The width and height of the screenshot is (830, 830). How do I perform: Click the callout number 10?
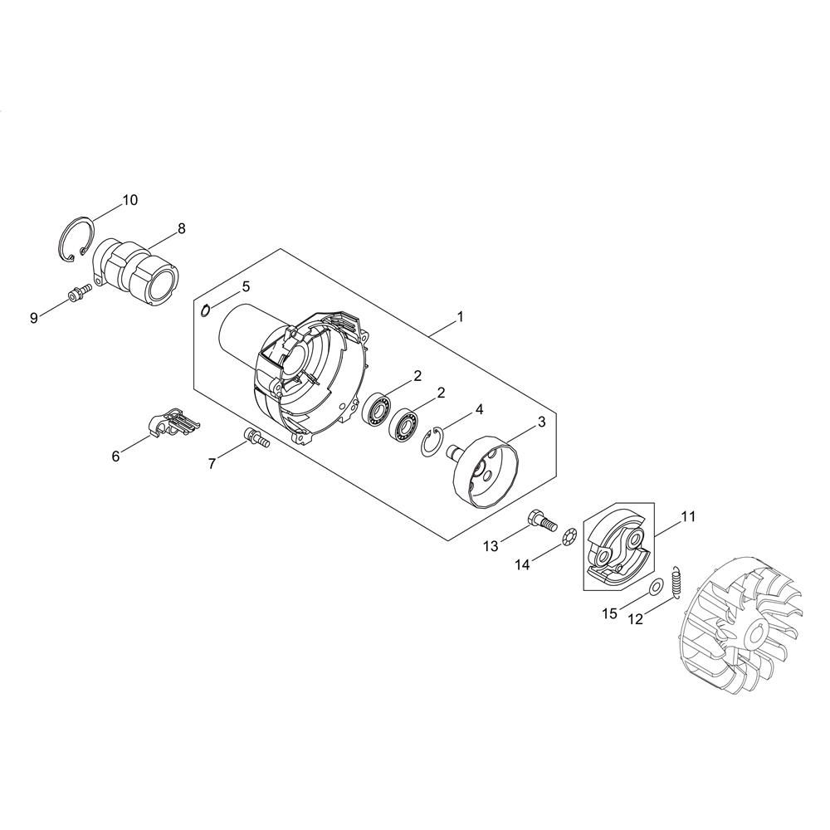pyautogui.click(x=130, y=200)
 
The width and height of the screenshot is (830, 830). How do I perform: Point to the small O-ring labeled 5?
pyautogui.click(x=206, y=310)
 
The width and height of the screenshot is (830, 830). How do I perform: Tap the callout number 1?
pyautogui.click(x=460, y=316)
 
